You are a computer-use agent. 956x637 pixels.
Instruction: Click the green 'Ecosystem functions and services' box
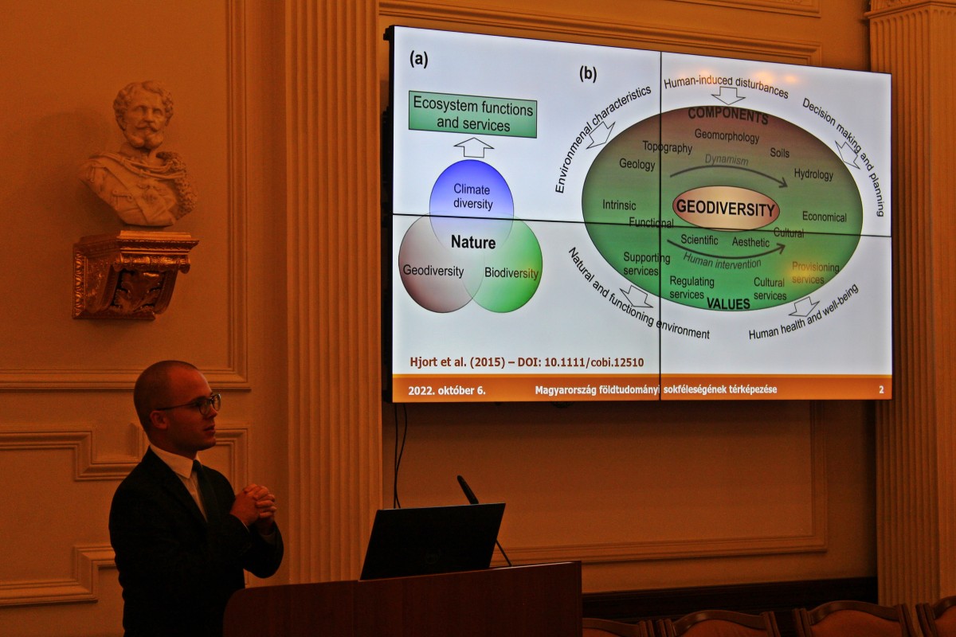pyautogui.click(x=472, y=115)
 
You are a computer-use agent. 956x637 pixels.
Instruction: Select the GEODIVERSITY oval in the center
pyautogui.click(x=726, y=208)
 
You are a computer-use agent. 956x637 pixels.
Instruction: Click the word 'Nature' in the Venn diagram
pyautogui.click(x=473, y=242)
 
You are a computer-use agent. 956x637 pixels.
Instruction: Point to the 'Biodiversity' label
pyautogui.click(x=511, y=272)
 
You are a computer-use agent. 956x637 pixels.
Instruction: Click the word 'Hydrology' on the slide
pyautogui.click(x=813, y=174)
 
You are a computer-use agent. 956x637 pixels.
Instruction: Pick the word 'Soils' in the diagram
pyautogui.click(x=780, y=153)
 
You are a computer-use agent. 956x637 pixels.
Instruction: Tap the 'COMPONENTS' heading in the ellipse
pyautogui.click(x=728, y=115)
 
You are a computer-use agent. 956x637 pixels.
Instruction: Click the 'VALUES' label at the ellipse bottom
pyautogui.click(x=728, y=303)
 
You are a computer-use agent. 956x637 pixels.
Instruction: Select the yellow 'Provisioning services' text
pyautogui.click(x=815, y=273)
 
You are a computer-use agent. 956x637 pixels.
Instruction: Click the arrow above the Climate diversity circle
pyautogui.click(x=473, y=147)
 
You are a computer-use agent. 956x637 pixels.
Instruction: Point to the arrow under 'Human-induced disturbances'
pyautogui.click(x=727, y=96)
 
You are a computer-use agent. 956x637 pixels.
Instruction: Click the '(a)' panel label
pyautogui.click(x=419, y=59)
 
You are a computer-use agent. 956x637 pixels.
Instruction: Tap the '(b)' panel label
pyautogui.click(x=588, y=74)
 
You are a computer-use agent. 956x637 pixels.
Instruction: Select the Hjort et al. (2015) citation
pyautogui.click(x=527, y=362)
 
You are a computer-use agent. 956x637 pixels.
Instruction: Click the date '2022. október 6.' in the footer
pyautogui.click(x=446, y=390)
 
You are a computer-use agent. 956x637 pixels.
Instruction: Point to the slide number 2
pyautogui.click(x=881, y=389)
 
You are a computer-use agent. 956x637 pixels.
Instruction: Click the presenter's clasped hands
pyautogui.click(x=253, y=505)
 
